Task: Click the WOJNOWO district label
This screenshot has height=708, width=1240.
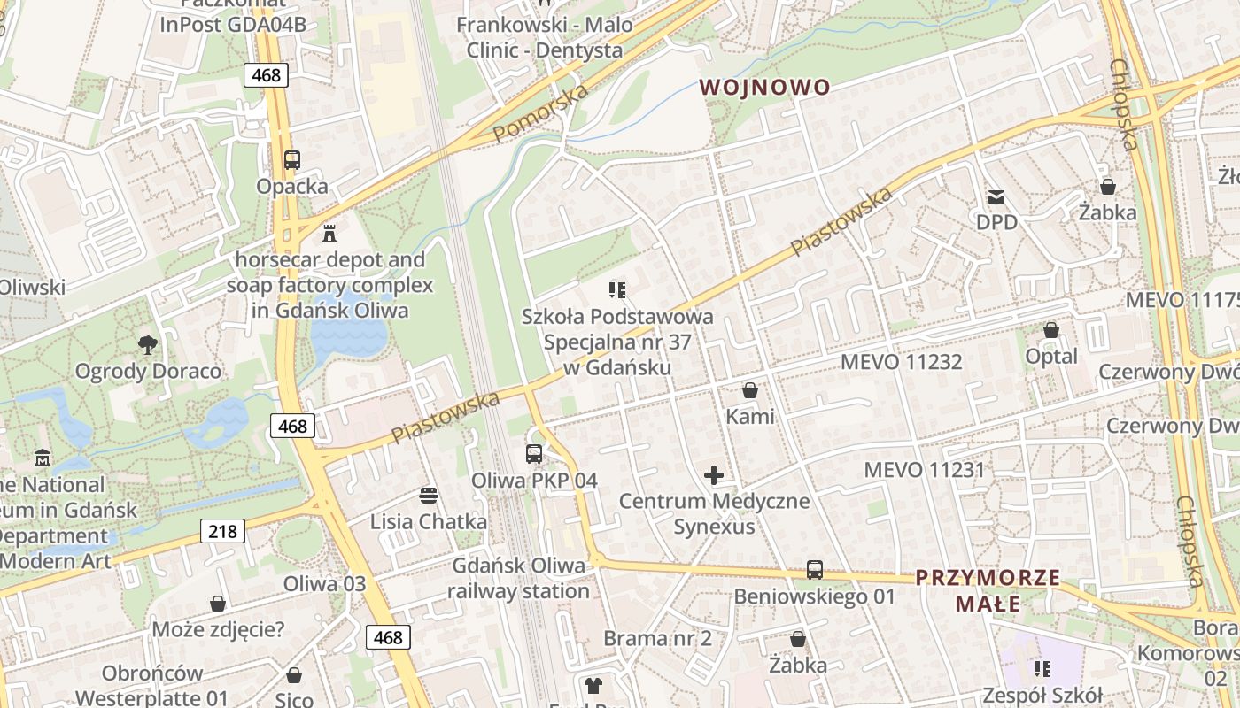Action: coord(765,87)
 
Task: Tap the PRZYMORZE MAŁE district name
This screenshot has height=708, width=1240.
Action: coord(988,591)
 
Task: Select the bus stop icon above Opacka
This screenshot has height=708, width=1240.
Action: coord(292,160)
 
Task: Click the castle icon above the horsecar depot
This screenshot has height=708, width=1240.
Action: coord(329,233)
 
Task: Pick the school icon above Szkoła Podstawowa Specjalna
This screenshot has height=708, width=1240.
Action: coord(617,289)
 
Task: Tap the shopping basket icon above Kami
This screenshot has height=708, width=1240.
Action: coord(750,390)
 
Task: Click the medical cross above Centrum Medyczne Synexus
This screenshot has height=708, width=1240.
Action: coord(714,475)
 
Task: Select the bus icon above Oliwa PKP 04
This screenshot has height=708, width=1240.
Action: coord(534,454)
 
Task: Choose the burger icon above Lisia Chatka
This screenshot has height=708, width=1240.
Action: coord(429,495)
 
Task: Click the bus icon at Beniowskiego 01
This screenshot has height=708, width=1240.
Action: coord(815,570)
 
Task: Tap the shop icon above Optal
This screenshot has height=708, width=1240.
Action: coord(1051,330)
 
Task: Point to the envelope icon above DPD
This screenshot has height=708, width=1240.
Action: coord(997,196)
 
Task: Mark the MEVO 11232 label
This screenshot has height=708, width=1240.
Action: coord(901,361)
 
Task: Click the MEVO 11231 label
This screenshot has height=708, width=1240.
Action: coord(924,469)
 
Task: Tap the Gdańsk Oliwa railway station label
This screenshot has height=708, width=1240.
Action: coord(518,578)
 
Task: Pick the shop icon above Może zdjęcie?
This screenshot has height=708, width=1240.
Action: coord(218,604)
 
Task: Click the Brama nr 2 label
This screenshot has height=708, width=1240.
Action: coord(657,638)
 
